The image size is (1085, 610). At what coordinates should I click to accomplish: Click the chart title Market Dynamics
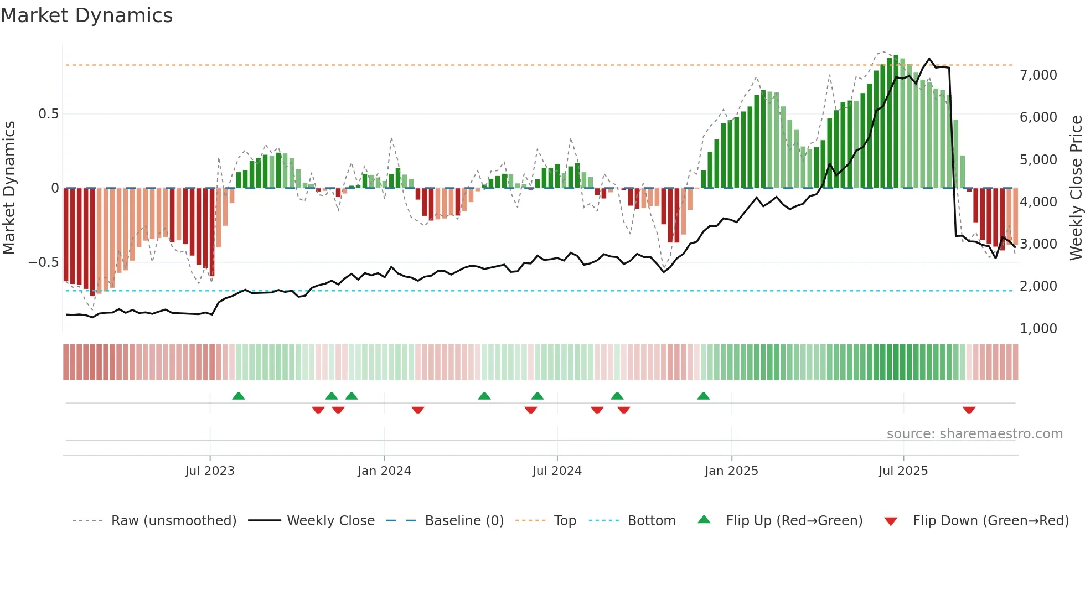[x=86, y=15]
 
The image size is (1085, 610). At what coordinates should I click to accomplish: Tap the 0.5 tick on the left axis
[x=48, y=114]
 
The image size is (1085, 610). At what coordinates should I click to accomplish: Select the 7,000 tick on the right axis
[x=1038, y=75]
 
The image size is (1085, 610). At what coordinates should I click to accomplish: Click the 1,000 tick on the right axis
[x=1038, y=329]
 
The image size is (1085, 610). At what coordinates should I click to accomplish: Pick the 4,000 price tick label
[x=1038, y=202]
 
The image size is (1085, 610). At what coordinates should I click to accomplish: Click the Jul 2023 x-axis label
[x=210, y=471]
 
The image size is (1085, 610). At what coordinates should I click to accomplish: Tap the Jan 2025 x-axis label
[x=731, y=471]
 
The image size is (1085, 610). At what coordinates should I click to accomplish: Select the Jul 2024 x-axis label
[x=557, y=471]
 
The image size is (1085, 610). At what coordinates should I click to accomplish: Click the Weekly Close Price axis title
[x=1076, y=188]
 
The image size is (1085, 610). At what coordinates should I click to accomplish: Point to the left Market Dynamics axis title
[x=9, y=188]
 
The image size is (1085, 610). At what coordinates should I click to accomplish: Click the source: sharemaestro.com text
[x=974, y=434]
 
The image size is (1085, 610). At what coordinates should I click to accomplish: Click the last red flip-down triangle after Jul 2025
[x=969, y=410]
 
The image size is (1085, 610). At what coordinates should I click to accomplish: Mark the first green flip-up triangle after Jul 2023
[x=239, y=396]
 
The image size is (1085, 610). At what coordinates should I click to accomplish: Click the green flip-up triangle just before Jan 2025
[x=704, y=396]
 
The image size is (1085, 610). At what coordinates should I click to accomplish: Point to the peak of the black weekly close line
[x=930, y=59]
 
